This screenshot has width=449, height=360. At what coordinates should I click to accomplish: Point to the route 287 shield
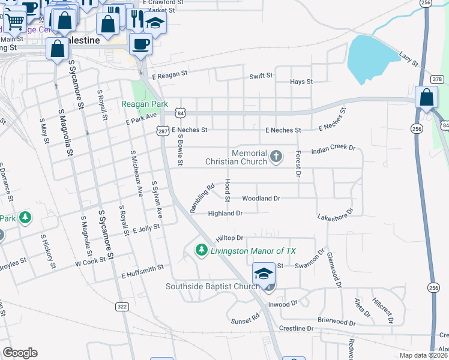(x=163, y=130)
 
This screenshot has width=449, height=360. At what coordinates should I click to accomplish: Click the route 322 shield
(x=122, y=306)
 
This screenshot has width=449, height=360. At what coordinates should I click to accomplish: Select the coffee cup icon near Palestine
(x=140, y=44)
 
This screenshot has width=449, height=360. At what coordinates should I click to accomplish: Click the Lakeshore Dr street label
(x=336, y=214)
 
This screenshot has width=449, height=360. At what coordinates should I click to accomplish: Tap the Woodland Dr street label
(x=261, y=198)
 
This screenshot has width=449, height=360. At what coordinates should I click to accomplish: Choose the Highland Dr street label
(x=225, y=213)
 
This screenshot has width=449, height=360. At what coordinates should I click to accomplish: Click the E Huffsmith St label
(x=142, y=271)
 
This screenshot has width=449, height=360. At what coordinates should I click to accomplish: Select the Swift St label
(x=261, y=76)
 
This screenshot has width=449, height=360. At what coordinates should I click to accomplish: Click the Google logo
(x=20, y=353)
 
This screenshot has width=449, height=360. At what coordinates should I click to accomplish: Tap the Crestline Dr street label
(x=297, y=329)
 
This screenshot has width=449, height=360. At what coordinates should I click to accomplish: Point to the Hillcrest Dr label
(x=382, y=310)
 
